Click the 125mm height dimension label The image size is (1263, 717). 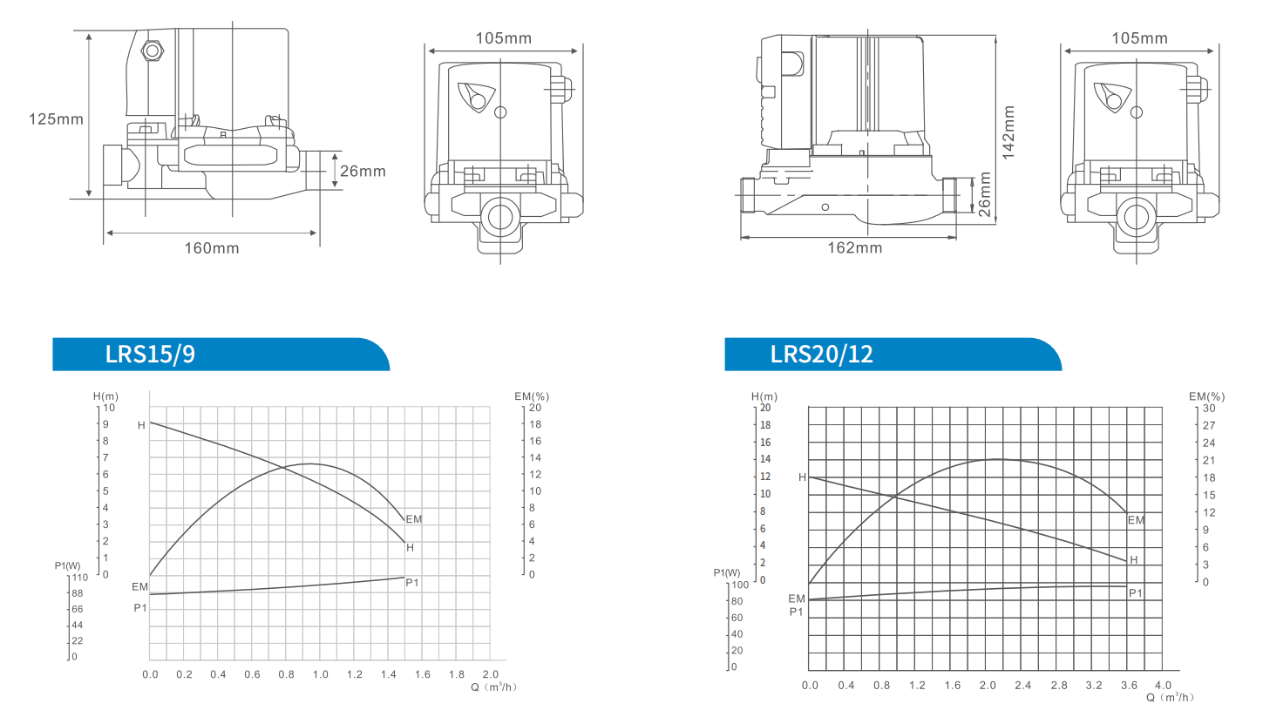click(56, 118)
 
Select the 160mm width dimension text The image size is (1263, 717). click(211, 248)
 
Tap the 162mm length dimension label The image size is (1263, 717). click(854, 247)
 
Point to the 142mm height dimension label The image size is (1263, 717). click(1008, 132)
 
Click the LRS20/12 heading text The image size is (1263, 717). click(821, 355)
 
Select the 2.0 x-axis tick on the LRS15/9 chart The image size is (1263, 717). click(490, 674)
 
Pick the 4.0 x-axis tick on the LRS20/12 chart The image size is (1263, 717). click(1163, 685)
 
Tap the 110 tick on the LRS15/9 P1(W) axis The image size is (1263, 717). click(80, 577)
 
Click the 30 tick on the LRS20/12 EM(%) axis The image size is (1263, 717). click(1208, 408)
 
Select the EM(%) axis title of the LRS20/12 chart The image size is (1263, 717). click(1206, 396)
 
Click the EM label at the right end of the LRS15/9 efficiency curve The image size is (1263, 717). click(413, 519)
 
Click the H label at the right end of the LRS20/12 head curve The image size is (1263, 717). click(1133, 559)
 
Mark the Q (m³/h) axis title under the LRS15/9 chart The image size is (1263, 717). click(494, 687)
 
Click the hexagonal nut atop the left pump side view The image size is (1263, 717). click(153, 51)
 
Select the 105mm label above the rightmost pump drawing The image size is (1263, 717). click(1139, 38)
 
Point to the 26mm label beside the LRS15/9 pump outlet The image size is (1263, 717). click(363, 171)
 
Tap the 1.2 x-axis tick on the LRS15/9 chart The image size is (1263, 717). click(354, 674)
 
